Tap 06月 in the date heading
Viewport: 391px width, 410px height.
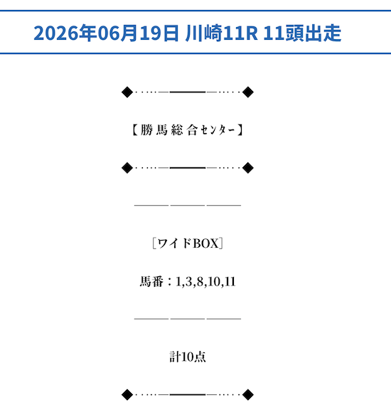pyautogui.click(x=118, y=33)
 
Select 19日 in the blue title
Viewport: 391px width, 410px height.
pyautogui.click(x=159, y=33)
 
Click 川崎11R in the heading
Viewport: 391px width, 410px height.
pyautogui.click(x=222, y=33)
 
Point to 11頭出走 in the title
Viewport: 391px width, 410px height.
pyautogui.click(x=302, y=33)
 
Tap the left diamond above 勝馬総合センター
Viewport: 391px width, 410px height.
pyautogui.click(x=127, y=92)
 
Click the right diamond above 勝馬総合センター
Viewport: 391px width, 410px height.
pyautogui.click(x=248, y=92)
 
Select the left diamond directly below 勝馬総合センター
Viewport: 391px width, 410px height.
pyautogui.click(x=127, y=167)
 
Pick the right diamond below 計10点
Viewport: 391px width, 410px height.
pyautogui.click(x=248, y=394)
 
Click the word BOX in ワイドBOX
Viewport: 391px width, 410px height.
pyautogui.click(x=205, y=243)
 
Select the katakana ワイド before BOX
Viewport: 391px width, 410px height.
pyautogui.click(x=175, y=243)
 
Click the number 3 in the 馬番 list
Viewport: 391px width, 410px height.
pyautogui.click(x=188, y=282)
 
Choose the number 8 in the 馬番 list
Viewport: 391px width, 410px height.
pyautogui.click(x=200, y=282)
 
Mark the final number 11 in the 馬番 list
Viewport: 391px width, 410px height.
pyautogui.click(x=230, y=282)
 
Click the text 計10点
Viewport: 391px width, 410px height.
pyautogui.click(x=188, y=357)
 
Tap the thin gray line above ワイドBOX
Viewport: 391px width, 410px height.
pyautogui.click(x=188, y=206)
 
